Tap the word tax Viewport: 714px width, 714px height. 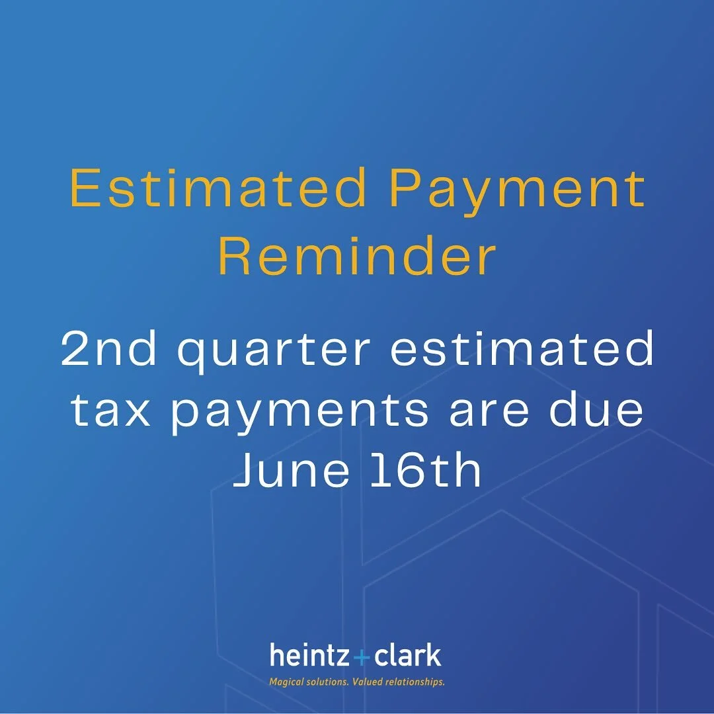pyautogui.click(x=107, y=410)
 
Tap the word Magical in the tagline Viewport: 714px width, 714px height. pyautogui.click(x=287, y=681)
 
